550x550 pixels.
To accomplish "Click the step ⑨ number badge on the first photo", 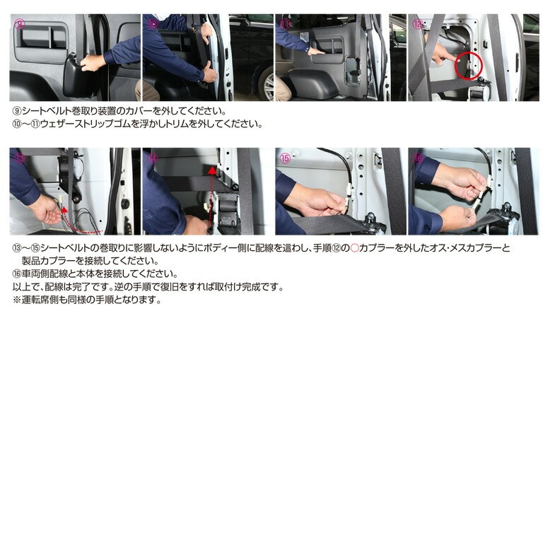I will (x=20, y=23).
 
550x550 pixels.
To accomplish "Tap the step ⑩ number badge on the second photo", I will (x=152, y=23).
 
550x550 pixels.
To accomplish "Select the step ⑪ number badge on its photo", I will (x=285, y=23).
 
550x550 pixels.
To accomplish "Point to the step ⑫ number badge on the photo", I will (x=418, y=23).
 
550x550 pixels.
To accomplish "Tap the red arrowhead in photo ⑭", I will (x=211, y=170).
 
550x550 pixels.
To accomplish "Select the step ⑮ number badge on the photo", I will (x=285, y=158).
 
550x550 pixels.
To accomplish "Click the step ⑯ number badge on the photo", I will (x=418, y=158).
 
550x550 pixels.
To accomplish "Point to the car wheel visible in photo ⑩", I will (x=268, y=86).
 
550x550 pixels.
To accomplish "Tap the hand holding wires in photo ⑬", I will (x=48, y=209).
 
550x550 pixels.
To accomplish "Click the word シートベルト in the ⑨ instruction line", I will (x=44, y=112).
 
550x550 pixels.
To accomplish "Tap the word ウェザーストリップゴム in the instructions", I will (x=77, y=124).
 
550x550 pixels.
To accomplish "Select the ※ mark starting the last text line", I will (x=18, y=299).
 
